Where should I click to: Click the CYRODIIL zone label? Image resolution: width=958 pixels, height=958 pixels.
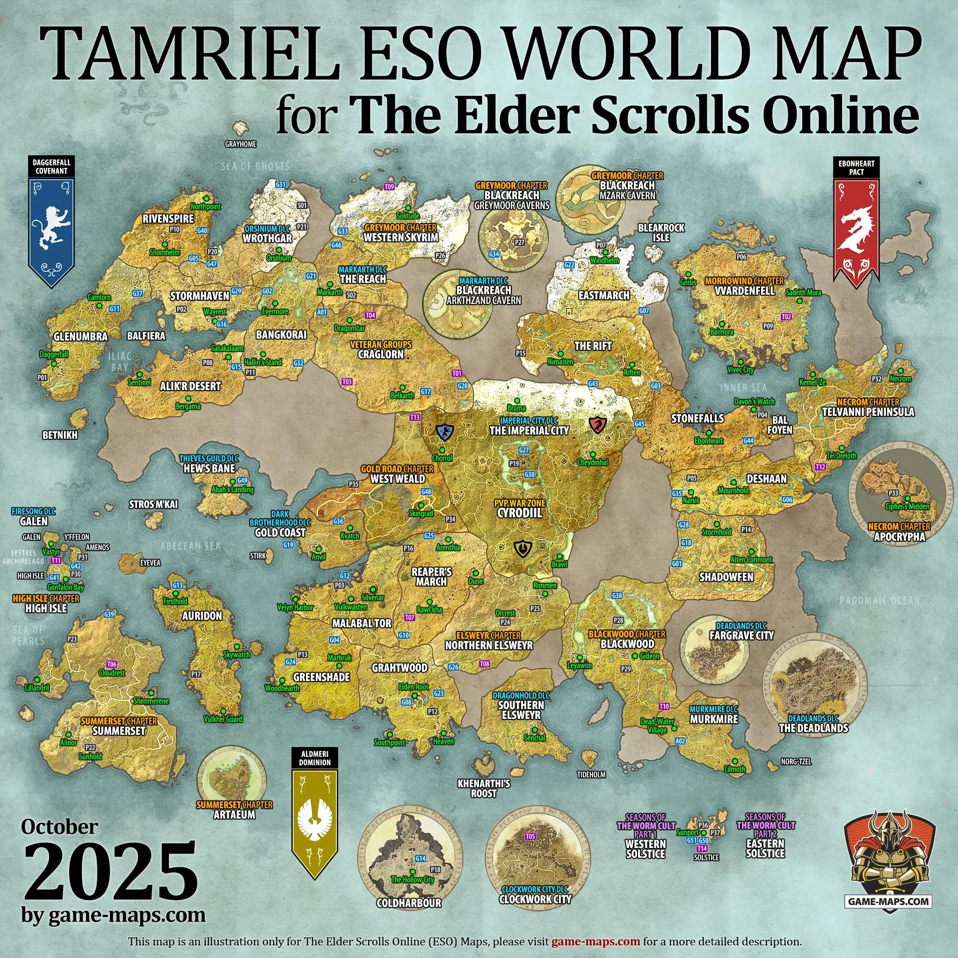click(519, 513)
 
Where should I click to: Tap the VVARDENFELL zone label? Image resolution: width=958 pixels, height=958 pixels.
click(745, 290)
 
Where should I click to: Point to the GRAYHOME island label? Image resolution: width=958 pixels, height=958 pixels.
click(240, 144)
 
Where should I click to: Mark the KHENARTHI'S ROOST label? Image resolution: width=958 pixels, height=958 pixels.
click(484, 788)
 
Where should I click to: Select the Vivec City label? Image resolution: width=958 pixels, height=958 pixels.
click(740, 370)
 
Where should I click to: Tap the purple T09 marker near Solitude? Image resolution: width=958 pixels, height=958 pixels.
click(389, 187)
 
